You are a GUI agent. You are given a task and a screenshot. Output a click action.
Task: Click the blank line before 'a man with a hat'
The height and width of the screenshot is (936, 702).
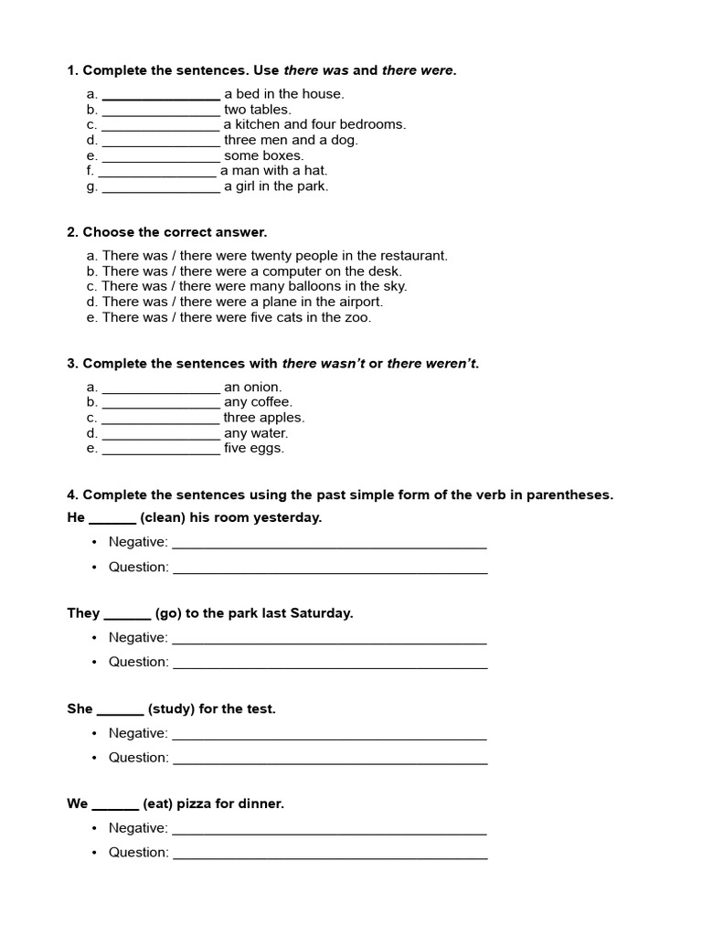point(156,171)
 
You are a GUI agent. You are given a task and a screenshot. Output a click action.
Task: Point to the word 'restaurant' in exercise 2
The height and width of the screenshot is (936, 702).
point(411,256)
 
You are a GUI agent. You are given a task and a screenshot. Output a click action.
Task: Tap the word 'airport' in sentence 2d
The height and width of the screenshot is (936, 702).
point(359,302)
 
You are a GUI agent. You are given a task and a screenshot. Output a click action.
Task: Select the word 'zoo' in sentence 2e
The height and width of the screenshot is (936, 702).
point(359,317)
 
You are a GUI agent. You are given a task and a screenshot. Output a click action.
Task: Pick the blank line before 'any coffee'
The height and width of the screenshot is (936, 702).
point(161,402)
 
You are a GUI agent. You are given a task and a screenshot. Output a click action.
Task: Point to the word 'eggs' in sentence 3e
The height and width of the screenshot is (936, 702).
point(269,448)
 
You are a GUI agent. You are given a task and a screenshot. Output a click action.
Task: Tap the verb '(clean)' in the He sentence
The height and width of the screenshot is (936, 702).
point(163,517)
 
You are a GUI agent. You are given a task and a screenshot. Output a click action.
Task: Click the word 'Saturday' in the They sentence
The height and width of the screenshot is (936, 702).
point(321,613)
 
